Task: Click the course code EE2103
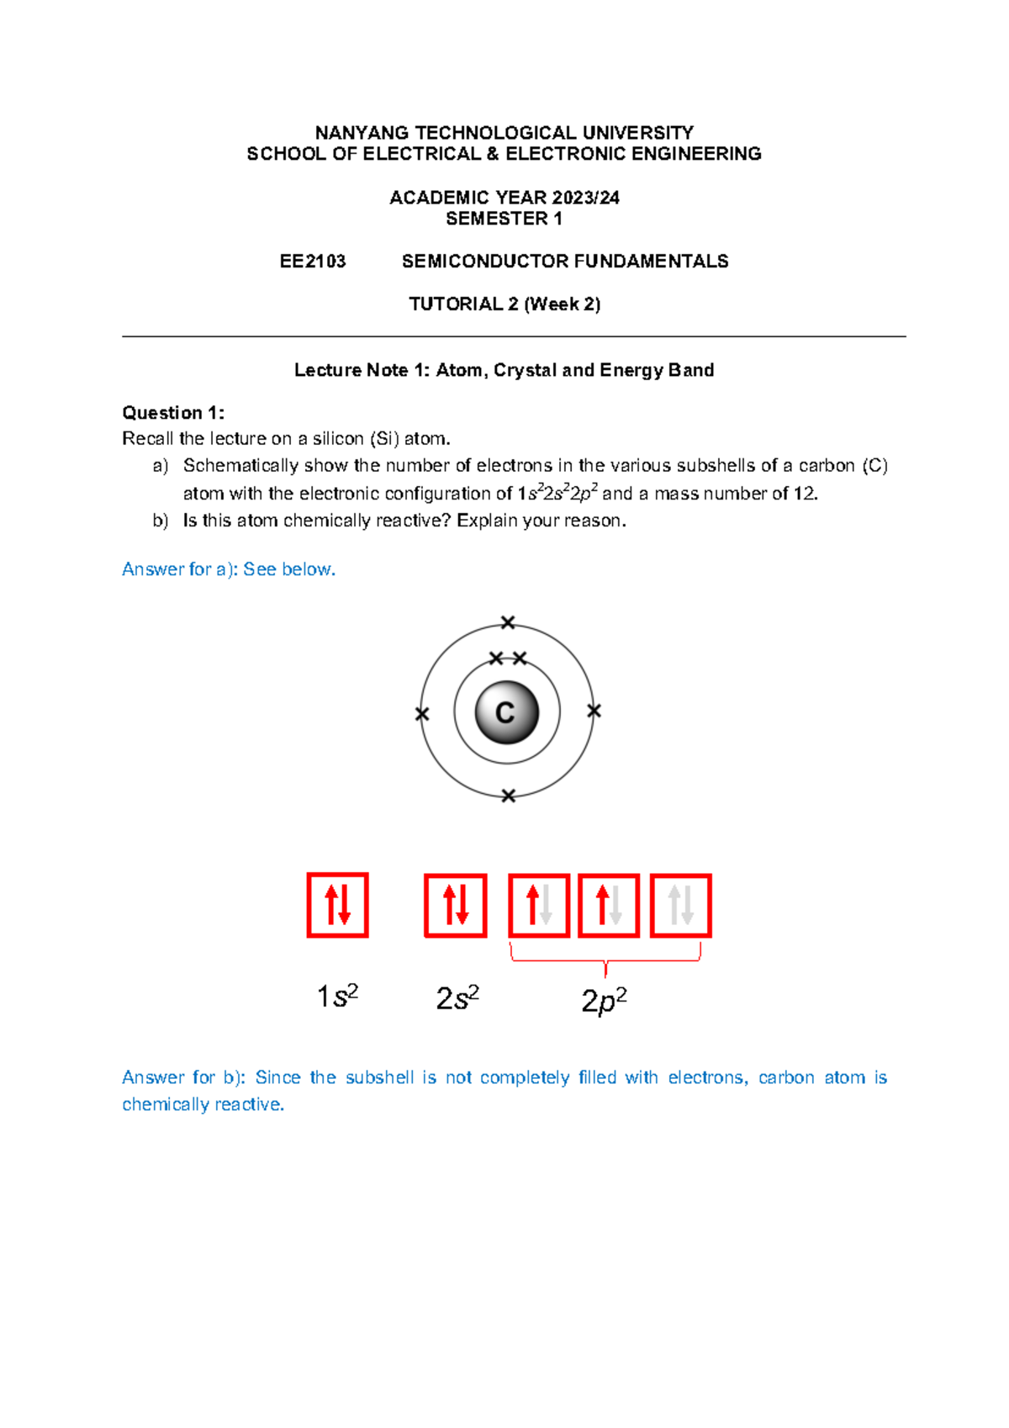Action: click(313, 262)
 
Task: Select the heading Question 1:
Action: click(173, 413)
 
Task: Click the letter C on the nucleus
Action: click(505, 713)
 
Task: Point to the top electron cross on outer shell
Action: click(507, 622)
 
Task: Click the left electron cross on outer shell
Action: click(422, 714)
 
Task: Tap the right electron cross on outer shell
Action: click(594, 711)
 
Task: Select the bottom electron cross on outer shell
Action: click(508, 796)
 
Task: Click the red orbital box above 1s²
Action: click(337, 905)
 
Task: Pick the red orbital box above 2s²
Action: click(455, 905)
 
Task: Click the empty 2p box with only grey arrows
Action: click(680, 905)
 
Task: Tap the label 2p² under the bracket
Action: click(604, 1000)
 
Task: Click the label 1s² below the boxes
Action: click(337, 997)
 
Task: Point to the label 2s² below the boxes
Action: click(457, 998)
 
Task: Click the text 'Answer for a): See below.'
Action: click(229, 569)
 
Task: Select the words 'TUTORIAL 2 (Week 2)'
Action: click(504, 304)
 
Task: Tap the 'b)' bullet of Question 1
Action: click(161, 521)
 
